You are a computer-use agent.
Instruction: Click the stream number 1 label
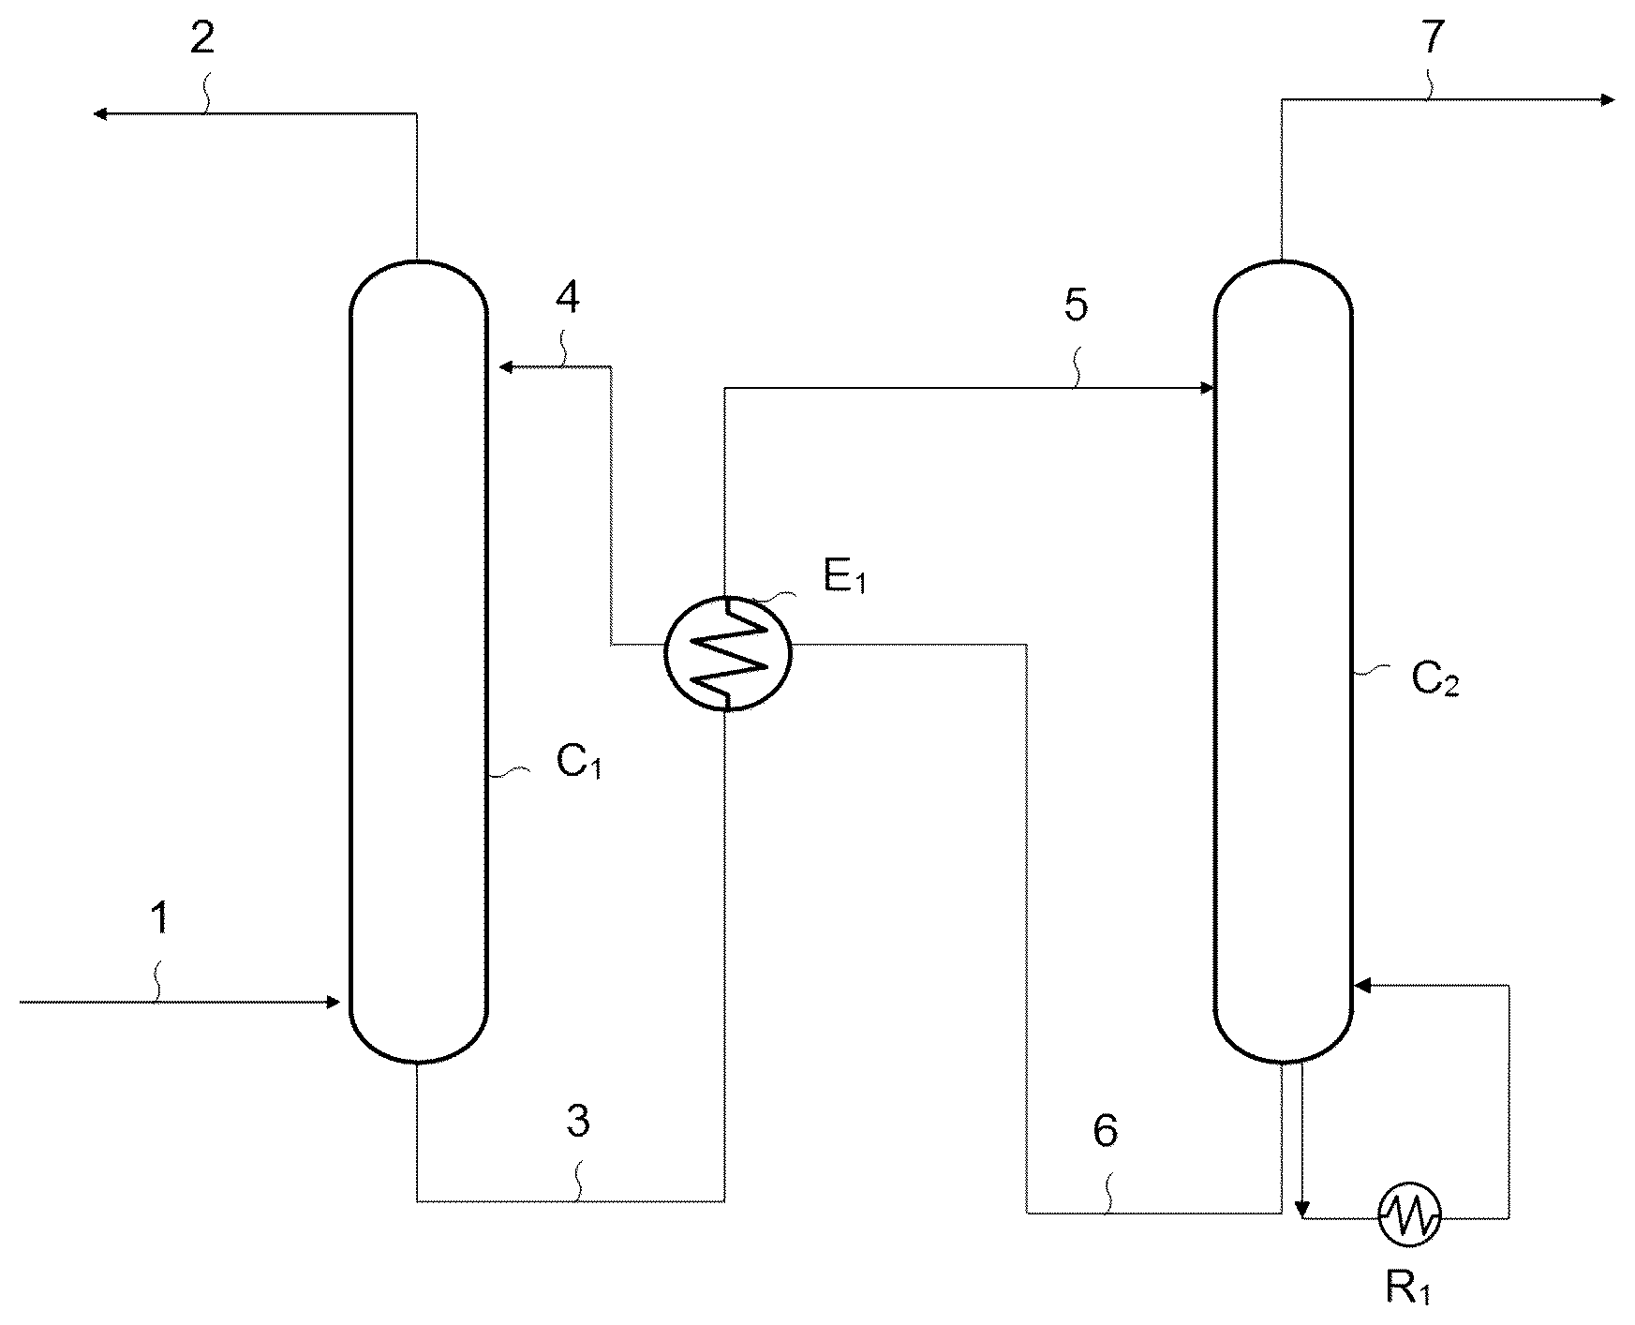pos(161,917)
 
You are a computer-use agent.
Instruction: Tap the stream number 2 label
pos(202,37)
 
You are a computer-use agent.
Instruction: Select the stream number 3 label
pos(578,1121)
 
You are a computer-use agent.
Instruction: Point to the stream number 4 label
pos(568,297)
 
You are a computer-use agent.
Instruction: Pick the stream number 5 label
pos(1076,306)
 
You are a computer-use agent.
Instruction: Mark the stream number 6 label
pos(1106,1131)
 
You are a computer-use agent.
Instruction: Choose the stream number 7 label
pos(1434,37)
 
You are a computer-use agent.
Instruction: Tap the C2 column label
pos(1435,680)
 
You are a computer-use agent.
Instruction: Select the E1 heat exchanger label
pos(845,577)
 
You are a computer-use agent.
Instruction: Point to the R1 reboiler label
pos(1408,1289)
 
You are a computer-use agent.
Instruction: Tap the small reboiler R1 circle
pos(1409,1216)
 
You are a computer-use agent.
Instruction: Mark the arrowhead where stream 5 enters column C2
pos(1206,387)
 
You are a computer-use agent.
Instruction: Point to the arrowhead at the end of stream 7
pos(1606,99)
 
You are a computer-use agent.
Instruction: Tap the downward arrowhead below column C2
pos(1301,1209)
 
